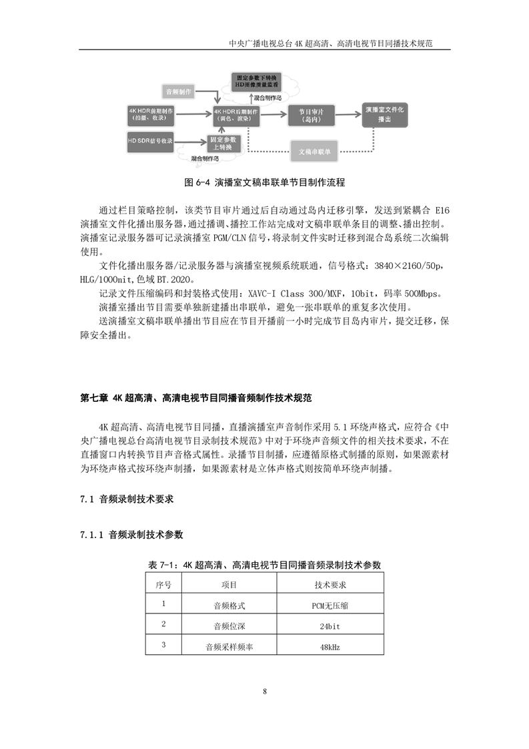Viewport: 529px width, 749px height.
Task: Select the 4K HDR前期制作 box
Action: coord(151,115)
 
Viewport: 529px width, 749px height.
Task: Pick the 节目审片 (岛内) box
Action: coord(311,115)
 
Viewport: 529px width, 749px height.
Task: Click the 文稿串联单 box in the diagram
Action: coord(314,151)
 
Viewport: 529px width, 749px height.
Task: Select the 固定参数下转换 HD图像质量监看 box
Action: coord(256,82)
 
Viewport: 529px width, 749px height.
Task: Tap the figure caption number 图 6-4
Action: coord(197,182)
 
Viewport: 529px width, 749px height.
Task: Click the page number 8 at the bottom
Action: coord(265,691)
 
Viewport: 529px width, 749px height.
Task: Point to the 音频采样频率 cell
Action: coord(229,647)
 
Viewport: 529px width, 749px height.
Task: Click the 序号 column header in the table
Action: coord(163,584)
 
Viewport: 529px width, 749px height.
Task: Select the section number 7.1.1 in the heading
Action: coord(91,535)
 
